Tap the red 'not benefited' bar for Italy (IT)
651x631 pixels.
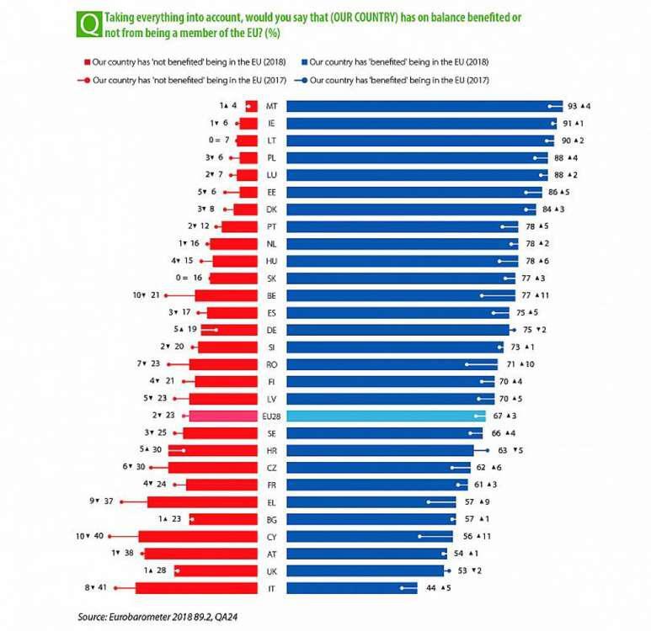point(185,589)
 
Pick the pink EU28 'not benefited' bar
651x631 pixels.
point(222,416)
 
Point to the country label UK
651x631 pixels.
point(272,570)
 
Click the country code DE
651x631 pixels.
point(272,330)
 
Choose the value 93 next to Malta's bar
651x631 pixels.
point(574,107)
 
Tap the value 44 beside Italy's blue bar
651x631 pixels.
point(430,589)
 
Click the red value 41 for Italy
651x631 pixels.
point(100,589)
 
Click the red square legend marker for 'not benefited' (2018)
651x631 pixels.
point(86,62)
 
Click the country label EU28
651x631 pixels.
point(272,416)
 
